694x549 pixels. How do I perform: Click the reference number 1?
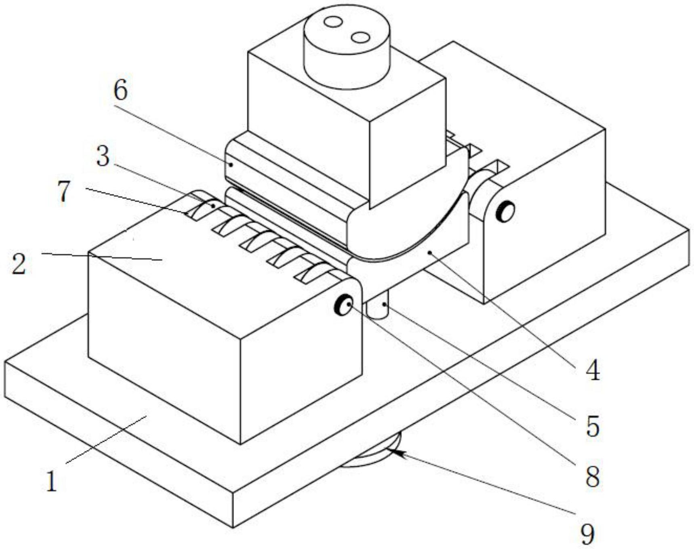(51, 481)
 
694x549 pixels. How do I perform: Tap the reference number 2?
(19, 264)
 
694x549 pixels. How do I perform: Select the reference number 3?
(103, 156)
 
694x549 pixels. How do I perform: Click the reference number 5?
(592, 426)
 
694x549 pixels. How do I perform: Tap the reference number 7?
(64, 191)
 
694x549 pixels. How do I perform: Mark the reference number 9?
(588, 534)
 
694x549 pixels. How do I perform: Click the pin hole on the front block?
(344, 305)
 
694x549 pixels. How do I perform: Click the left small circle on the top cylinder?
(333, 21)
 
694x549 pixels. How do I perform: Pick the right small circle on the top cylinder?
(360, 38)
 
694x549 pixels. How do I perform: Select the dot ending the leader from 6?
(231, 164)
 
